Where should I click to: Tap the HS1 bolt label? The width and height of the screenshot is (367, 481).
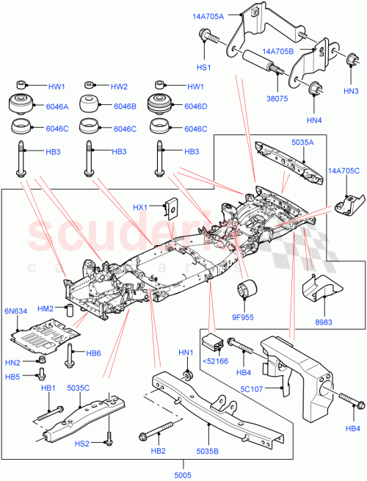203,67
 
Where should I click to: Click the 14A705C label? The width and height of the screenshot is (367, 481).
345,172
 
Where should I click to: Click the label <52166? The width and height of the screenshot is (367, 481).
216,360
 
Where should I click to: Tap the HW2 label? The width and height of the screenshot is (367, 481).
119,87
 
